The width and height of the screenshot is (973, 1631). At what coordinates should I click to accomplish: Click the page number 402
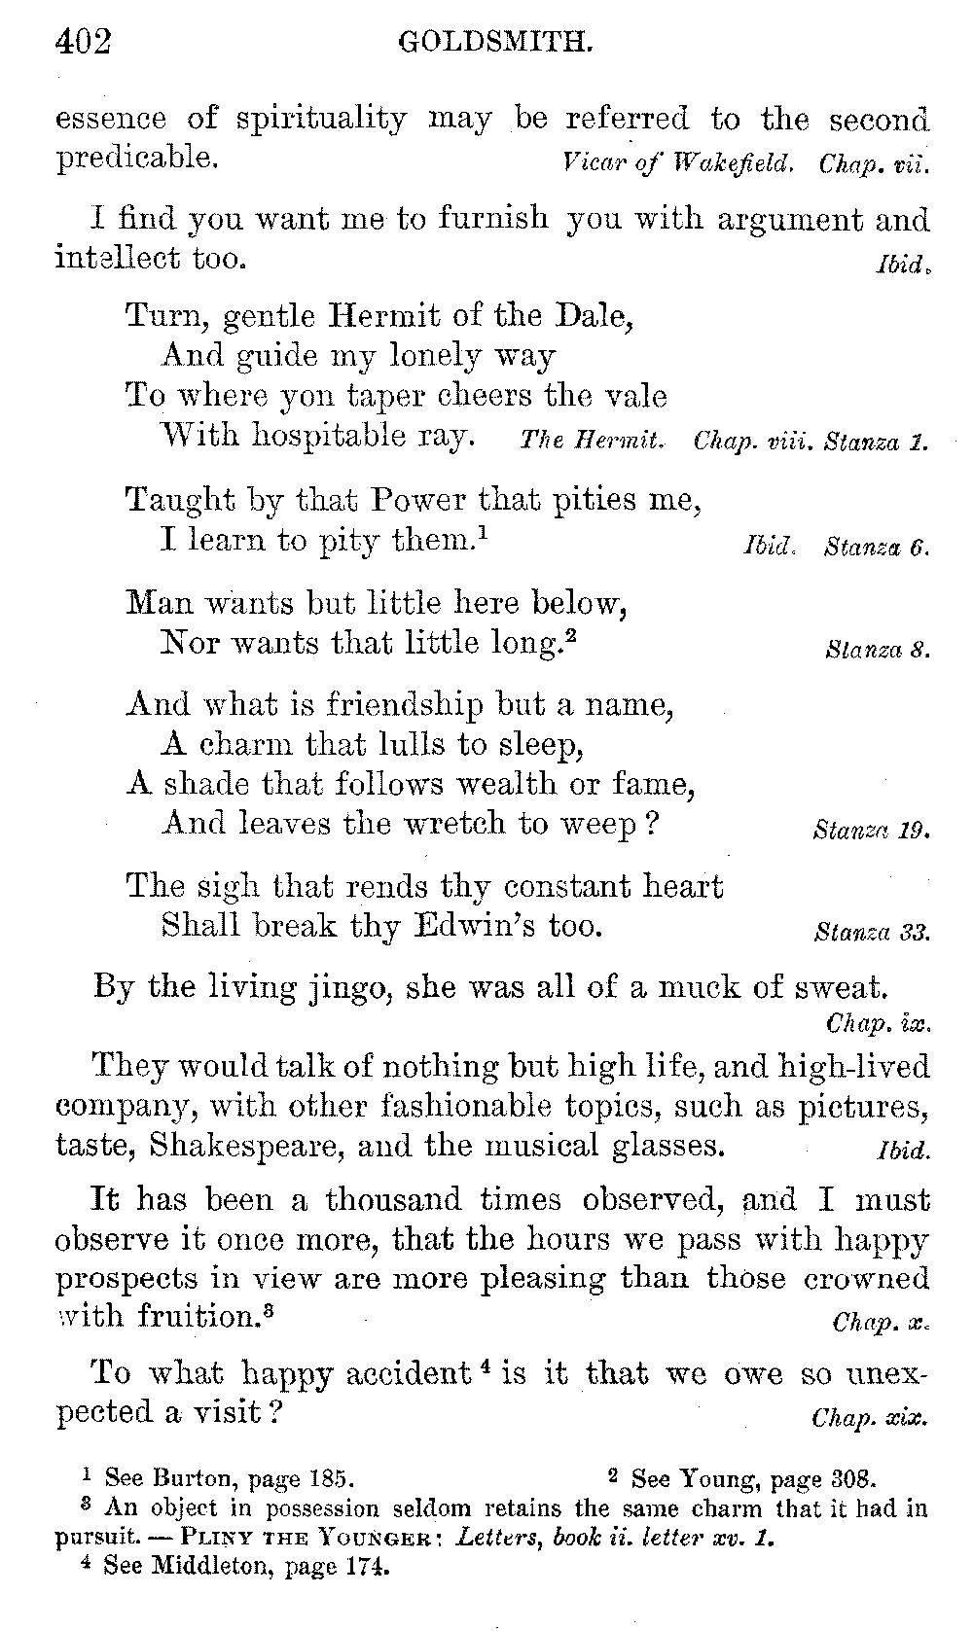pyautogui.click(x=84, y=42)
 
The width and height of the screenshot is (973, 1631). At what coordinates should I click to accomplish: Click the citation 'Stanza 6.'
pyautogui.click(x=877, y=547)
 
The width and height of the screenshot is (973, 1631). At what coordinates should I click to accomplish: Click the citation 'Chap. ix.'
pyautogui.click(x=879, y=1023)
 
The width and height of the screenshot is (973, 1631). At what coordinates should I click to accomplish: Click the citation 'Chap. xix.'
pyautogui.click(x=870, y=1418)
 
